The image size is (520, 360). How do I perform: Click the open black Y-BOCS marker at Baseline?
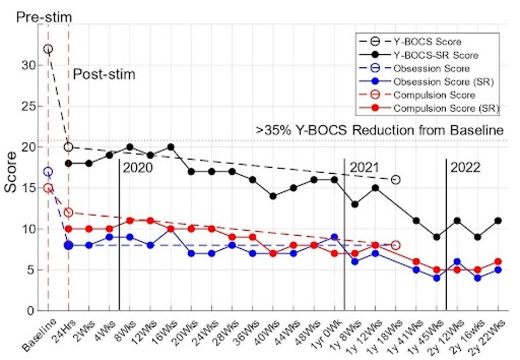click(48, 49)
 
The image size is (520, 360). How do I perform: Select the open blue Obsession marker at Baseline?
click(48, 172)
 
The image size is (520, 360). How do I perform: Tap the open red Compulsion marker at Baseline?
click(48, 188)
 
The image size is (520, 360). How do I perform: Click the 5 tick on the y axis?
click(33, 270)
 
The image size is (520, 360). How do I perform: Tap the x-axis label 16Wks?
click(164, 332)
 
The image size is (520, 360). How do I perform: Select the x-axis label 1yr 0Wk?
click(325, 334)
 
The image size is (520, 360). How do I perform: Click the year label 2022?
click(465, 167)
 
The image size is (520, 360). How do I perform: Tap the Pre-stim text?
click(44, 17)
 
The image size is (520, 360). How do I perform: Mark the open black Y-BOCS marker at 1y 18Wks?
click(396, 180)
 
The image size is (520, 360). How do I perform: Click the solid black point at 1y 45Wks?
click(436, 237)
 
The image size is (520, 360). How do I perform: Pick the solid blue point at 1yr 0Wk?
click(334, 237)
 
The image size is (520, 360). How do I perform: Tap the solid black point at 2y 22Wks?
click(498, 220)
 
